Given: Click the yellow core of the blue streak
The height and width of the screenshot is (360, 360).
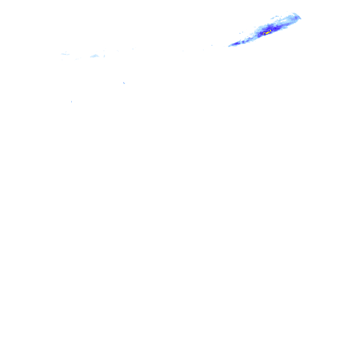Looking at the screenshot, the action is (266, 33).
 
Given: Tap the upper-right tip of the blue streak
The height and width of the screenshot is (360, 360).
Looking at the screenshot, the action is (300, 18).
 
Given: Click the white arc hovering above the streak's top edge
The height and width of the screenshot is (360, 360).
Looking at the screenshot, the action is (293, 13).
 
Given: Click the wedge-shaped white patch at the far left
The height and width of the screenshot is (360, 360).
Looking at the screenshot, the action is (66, 53).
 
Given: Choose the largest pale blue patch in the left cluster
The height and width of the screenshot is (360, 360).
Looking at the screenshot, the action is (96, 56).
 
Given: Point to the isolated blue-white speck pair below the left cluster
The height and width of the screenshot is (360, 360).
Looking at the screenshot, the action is (125, 83).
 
